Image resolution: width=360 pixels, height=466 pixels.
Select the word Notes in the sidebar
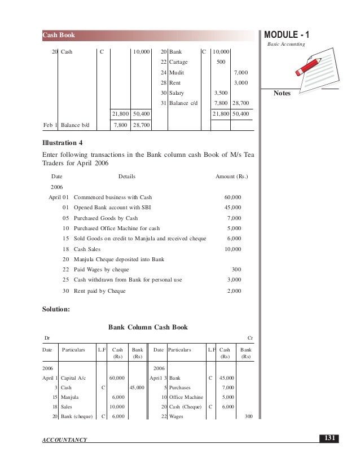pyautogui.click(x=282, y=93)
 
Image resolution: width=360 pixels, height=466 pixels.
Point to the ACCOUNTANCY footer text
pyautogui.click(x=64, y=439)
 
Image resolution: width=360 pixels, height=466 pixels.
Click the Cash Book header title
pyautogui.click(x=59, y=36)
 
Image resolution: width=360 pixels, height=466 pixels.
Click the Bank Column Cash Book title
pyautogui.click(x=148, y=327)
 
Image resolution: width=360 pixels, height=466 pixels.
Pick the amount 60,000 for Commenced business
pyautogui.click(x=232, y=197)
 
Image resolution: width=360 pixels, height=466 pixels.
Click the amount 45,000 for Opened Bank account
pyautogui.click(x=232, y=208)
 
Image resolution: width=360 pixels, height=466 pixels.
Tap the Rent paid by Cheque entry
pyautogui.click(x=100, y=291)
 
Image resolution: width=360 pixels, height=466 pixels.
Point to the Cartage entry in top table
pyautogui.click(x=178, y=62)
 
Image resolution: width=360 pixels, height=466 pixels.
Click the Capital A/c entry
pyautogui.click(x=73, y=377)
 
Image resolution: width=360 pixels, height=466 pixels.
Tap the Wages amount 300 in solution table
pyautogui.click(x=248, y=416)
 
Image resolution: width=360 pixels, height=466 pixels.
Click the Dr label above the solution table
pyautogui.click(x=47, y=337)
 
